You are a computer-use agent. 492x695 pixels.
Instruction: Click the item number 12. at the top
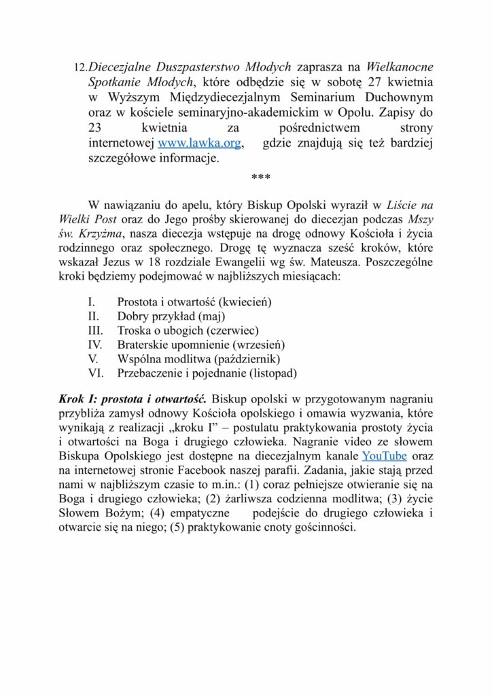[x=80, y=69]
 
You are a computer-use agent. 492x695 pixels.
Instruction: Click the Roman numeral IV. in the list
[x=95, y=344]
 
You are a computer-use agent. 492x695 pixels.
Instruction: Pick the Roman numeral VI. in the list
[x=95, y=373]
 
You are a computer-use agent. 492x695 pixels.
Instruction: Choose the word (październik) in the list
[x=247, y=358]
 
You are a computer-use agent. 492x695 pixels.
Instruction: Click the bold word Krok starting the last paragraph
[x=72, y=398]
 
